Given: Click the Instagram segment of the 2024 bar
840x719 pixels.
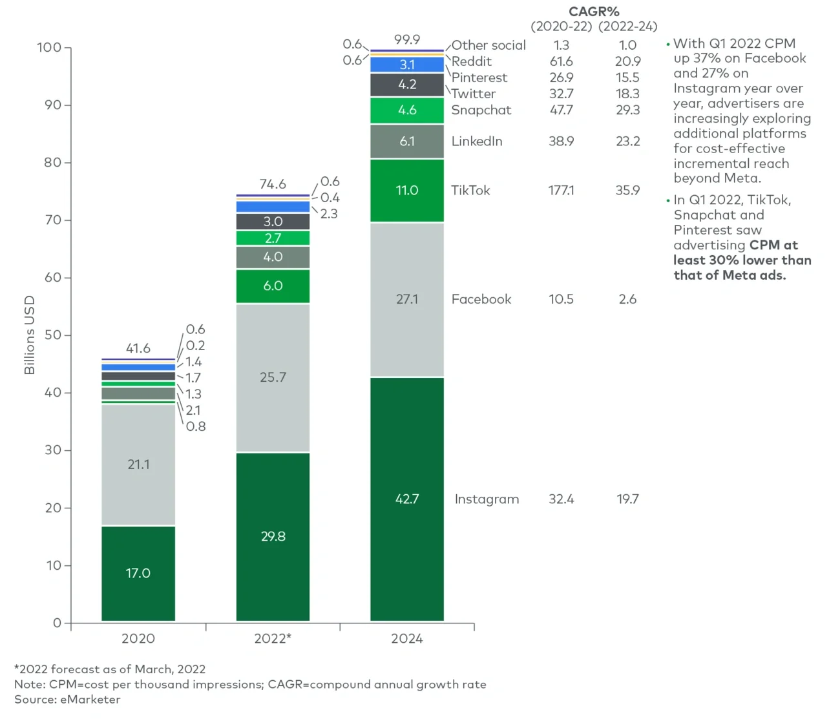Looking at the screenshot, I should (x=407, y=499).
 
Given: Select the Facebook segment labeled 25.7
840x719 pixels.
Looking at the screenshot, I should (x=273, y=377).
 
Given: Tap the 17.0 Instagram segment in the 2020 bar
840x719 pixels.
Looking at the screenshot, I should (x=138, y=573).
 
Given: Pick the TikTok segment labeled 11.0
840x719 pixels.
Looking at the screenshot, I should (x=407, y=191).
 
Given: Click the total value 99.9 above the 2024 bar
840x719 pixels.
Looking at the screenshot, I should (x=407, y=39).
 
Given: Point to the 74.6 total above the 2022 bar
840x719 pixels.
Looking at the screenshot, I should (x=273, y=184).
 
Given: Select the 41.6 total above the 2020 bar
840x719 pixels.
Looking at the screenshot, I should (x=138, y=348).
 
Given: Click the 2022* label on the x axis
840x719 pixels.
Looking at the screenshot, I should (x=273, y=638).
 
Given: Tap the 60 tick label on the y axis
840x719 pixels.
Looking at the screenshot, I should (x=53, y=278).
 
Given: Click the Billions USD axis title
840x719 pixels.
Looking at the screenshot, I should (x=29, y=335).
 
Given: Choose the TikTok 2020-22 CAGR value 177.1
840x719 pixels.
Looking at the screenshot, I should (x=561, y=191).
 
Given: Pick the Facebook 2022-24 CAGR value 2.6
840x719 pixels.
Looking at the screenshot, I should (x=627, y=299).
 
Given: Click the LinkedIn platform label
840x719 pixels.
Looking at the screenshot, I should (x=477, y=141).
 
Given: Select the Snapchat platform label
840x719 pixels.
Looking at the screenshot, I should (x=481, y=110).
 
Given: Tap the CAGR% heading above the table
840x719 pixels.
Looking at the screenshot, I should (x=594, y=12).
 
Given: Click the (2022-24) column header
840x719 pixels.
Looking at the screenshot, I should (x=627, y=26).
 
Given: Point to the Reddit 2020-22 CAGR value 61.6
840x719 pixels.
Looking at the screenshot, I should (x=561, y=61).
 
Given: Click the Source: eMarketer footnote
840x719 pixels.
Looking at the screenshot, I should (x=67, y=700).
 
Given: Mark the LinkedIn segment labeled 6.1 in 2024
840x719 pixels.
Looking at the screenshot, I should (x=407, y=141).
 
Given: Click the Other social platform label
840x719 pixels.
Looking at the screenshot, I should (x=488, y=45).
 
